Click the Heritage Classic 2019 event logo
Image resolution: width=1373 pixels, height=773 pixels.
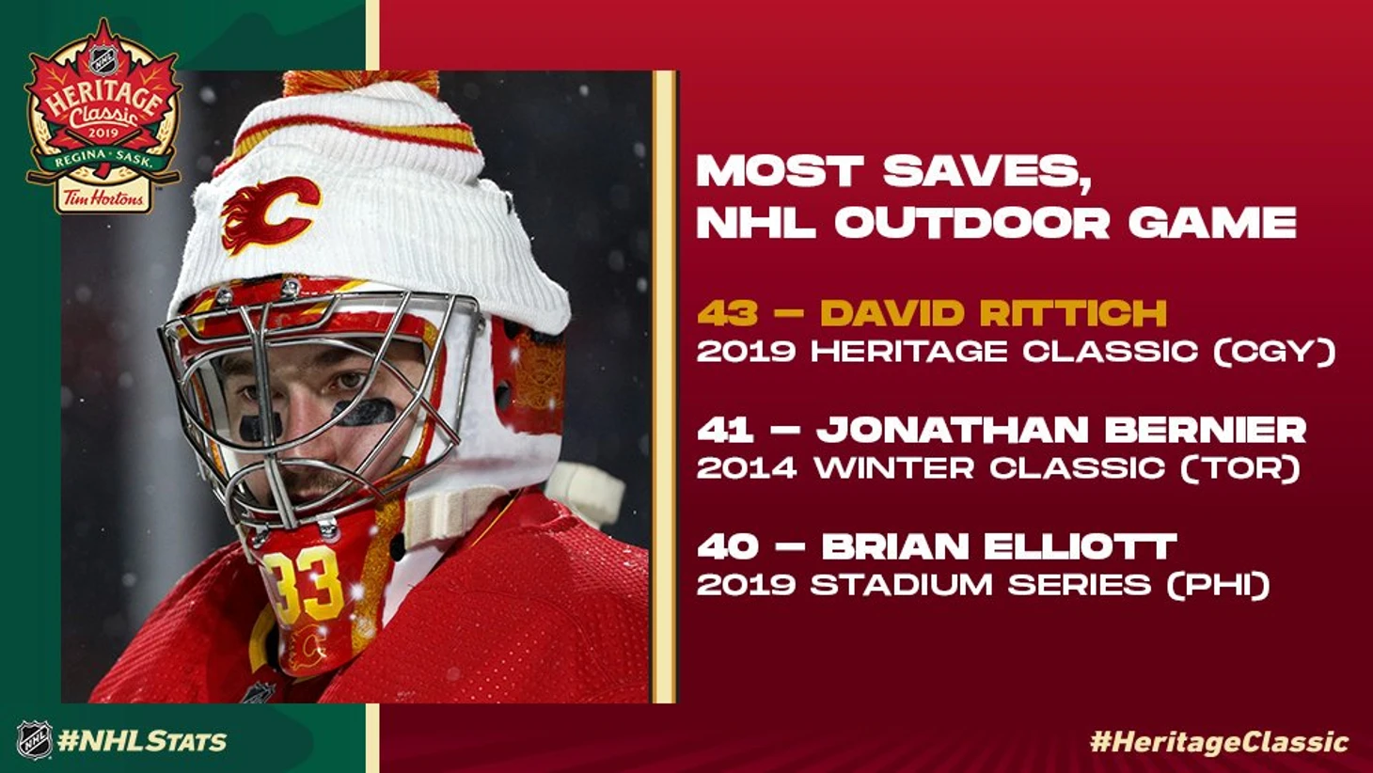pyautogui.click(x=103, y=117)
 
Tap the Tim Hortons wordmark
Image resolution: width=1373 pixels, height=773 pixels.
pyautogui.click(x=103, y=198)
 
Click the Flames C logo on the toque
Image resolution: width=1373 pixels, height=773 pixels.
pyautogui.click(x=270, y=214)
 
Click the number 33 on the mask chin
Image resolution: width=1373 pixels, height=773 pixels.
pyautogui.click(x=302, y=586)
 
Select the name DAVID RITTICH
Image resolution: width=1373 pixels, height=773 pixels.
pyautogui.click(x=993, y=313)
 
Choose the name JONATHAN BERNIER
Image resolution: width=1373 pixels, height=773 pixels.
pyautogui.click(x=1063, y=430)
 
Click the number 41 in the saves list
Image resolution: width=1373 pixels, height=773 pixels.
pyautogui.click(x=725, y=430)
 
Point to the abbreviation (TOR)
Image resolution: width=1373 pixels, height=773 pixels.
pyautogui.click(x=1240, y=469)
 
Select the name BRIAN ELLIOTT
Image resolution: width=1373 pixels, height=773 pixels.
pyautogui.click(x=999, y=546)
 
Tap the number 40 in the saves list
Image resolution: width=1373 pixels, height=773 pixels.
pyautogui.click(x=728, y=546)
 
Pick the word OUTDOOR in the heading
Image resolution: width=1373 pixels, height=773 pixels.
pyautogui.click(x=972, y=222)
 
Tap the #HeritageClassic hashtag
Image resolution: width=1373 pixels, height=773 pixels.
pyautogui.click(x=1220, y=742)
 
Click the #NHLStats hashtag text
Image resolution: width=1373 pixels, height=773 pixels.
pyautogui.click(x=142, y=741)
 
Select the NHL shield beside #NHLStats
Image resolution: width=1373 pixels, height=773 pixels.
pyautogui.click(x=34, y=740)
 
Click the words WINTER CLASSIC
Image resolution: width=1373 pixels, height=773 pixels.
pyautogui.click(x=990, y=469)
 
